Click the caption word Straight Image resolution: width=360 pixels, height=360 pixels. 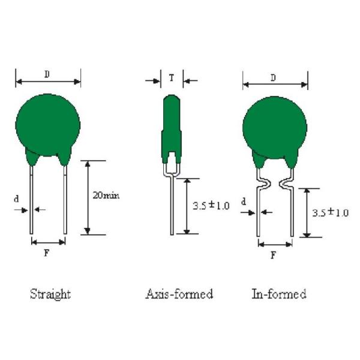pos(50,295)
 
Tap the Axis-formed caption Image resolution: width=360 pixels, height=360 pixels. pos(179,294)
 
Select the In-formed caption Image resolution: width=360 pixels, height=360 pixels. pos(279,294)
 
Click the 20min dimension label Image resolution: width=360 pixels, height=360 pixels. pos(106,196)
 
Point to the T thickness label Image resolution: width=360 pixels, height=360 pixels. pos(172,78)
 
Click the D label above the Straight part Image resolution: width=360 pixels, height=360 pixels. pos(47,74)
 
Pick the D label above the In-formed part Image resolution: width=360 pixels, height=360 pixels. pos(273,78)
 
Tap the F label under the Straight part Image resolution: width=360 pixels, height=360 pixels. pos(47,253)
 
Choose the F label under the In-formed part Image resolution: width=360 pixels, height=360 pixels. pos(273,255)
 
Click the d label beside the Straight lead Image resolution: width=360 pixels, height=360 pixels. pos(16,199)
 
